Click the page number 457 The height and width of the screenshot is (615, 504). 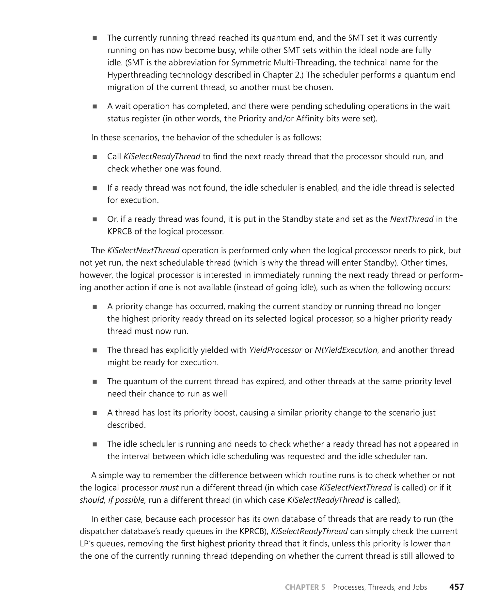click(457, 587)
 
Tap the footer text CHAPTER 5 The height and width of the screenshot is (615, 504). click(305, 587)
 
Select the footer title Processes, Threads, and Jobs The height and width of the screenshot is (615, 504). click(380, 587)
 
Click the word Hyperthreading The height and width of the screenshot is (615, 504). click(137, 75)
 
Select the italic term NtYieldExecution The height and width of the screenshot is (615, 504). click(346, 350)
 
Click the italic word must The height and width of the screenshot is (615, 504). click(169, 487)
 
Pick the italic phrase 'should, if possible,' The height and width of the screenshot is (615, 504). click(113, 500)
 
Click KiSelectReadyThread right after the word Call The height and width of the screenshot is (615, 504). click(162, 156)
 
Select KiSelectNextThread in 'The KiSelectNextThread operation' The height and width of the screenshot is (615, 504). click(143, 250)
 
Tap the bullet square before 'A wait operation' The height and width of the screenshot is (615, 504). click(95, 106)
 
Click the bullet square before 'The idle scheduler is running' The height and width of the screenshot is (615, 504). click(95, 444)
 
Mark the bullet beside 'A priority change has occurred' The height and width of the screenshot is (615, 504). click(95, 307)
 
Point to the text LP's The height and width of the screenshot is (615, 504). click(87, 544)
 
